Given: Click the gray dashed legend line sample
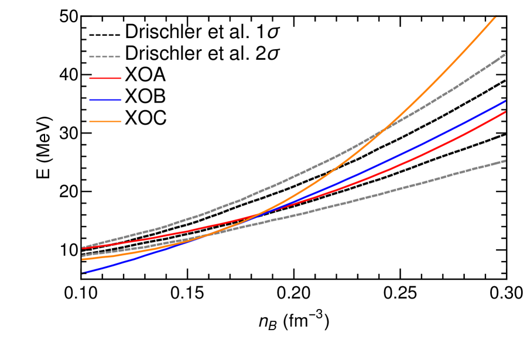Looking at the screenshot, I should (x=105, y=57).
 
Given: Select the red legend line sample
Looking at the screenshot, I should (x=105, y=78).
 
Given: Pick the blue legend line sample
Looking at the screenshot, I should (x=105, y=100).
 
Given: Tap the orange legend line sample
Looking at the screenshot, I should (x=105, y=121).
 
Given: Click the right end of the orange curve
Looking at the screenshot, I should (x=495, y=16).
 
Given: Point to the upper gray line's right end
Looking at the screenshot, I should (x=505, y=54).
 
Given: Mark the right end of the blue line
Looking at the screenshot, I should (x=505, y=101).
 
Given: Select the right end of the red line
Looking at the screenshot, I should (x=505, y=112).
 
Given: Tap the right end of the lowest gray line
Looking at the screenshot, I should (x=505, y=160).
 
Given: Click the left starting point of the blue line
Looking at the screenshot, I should (x=83, y=273).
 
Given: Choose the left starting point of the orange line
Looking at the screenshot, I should (x=83, y=259).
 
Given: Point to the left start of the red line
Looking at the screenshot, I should (x=83, y=248).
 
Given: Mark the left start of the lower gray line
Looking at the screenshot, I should (x=83, y=256).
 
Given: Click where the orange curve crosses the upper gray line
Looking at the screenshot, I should (x=384, y=129).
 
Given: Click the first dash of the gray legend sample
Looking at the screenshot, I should (x=91, y=57).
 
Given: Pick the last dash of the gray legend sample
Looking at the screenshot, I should (x=118, y=57).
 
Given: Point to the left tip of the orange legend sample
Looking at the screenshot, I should (x=90, y=121).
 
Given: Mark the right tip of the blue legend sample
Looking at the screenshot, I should (x=121, y=100).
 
